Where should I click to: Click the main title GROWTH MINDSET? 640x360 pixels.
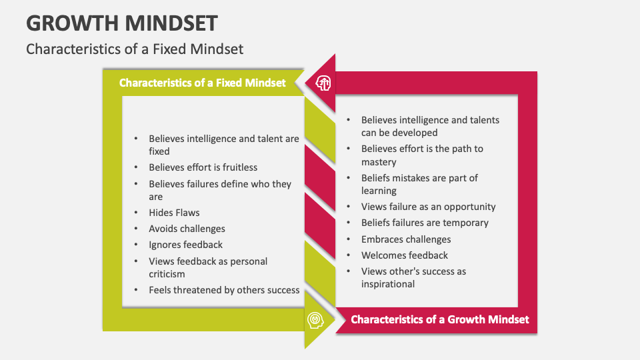pyautogui.click(x=122, y=23)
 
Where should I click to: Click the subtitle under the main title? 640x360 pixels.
pyautogui.click(x=135, y=49)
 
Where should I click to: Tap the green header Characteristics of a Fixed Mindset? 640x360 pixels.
pyautogui.click(x=202, y=83)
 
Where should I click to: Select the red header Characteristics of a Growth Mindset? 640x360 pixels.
pyautogui.click(x=440, y=319)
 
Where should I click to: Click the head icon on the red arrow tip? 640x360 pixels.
pyautogui.click(x=323, y=83)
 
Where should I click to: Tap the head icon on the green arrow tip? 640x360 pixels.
pyautogui.click(x=315, y=320)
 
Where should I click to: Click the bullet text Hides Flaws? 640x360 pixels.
pyautogui.click(x=175, y=213)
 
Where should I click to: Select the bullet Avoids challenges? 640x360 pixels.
pyautogui.click(x=187, y=229)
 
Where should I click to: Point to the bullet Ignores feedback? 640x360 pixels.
pyautogui.click(x=185, y=245)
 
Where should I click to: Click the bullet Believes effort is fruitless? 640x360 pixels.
pyautogui.click(x=203, y=167)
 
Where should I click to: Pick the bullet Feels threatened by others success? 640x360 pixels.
pyautogui.click(x=224, y=290)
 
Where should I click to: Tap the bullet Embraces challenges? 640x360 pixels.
pyautogui.click(x=406, y=239)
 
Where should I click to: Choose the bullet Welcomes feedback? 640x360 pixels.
pyautogui.click(x=405, y=255)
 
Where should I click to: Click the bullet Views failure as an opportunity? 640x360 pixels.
pyautogui.click(x=428, y=207)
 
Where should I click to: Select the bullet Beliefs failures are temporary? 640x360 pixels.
pyautogui.click(x=425, y=223)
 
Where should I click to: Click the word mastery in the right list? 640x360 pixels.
pyautogui.click(x=379, y=162)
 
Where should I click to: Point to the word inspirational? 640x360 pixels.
pyautogui.click(x=388, y=284)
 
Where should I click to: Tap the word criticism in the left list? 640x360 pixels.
pyautogui.click(x=167, y=274)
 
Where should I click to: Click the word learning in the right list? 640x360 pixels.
pyautogui.click(x=379, y=191)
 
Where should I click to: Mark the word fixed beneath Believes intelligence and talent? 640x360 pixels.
pyautogui.click(x=159, y=151)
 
